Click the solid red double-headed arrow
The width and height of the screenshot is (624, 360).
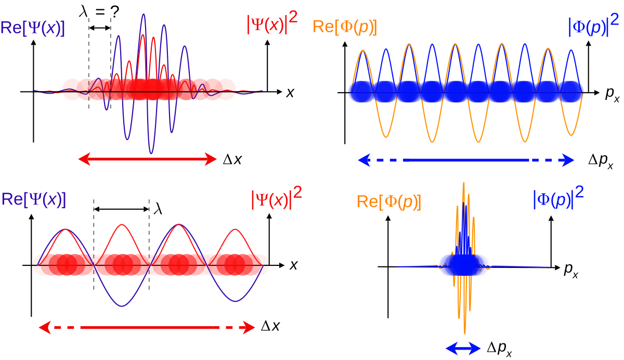147,160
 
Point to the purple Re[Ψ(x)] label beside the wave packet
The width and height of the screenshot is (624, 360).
33,28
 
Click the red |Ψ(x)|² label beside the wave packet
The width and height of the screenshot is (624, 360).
272,24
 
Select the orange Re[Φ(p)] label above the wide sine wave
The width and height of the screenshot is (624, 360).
344,27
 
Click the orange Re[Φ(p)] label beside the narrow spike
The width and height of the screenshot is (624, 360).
389,202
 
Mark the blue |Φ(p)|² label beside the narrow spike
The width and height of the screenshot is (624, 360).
558,199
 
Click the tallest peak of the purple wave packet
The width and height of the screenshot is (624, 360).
142,15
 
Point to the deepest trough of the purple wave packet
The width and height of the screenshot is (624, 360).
151,153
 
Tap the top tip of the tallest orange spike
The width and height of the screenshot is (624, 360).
463,182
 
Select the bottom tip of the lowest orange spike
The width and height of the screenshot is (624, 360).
465,333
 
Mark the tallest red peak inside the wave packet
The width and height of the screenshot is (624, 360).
153,37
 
